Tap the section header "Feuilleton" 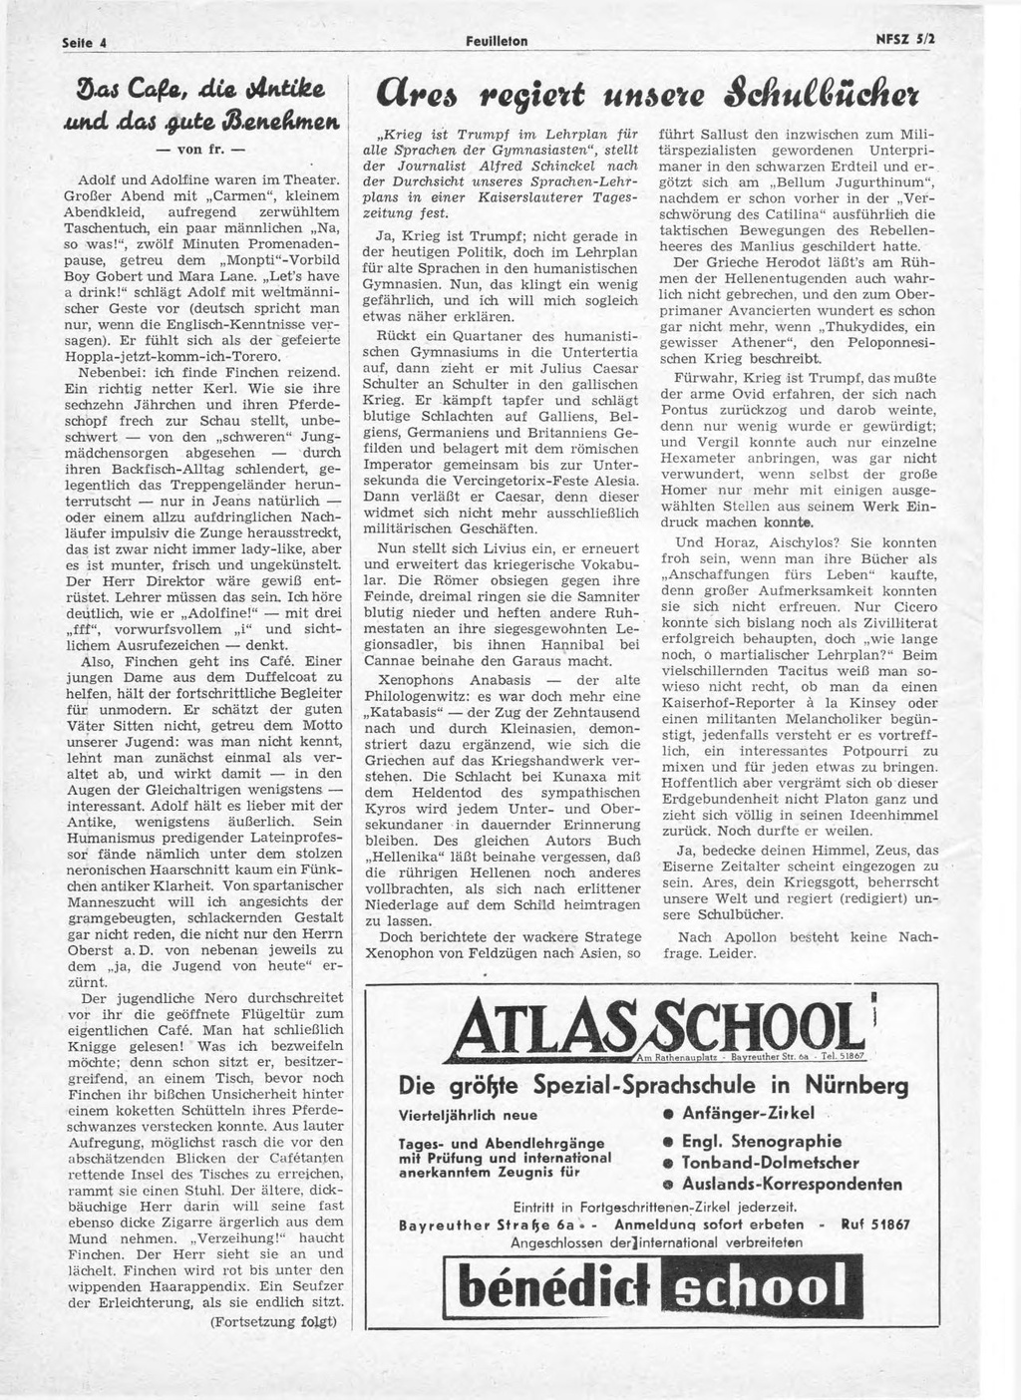[498, 41]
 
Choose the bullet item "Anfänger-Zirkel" [759, 1113]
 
